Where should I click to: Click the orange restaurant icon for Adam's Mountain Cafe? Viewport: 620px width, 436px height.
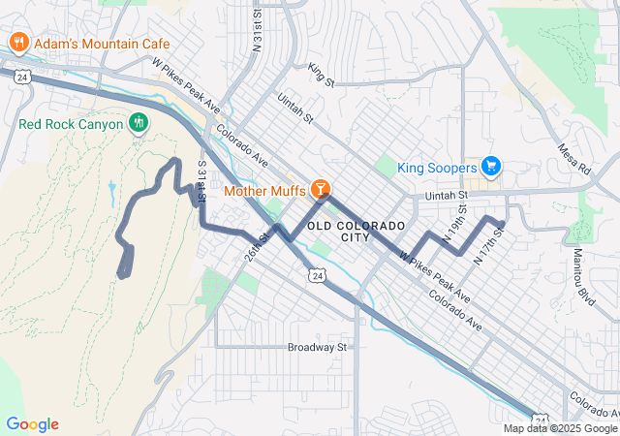18,43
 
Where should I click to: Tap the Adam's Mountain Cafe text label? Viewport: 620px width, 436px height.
102,44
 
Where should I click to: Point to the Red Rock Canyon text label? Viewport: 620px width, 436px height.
71,124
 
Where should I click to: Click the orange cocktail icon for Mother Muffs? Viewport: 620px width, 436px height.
321,189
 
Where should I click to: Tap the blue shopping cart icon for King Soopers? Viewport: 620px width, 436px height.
491,167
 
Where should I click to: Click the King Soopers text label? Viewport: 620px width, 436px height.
438,168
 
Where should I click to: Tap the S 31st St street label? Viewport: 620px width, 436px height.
201,181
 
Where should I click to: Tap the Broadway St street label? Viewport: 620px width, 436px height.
317,346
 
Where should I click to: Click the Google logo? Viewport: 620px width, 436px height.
32,424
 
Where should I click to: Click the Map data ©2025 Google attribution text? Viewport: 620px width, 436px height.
560,428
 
